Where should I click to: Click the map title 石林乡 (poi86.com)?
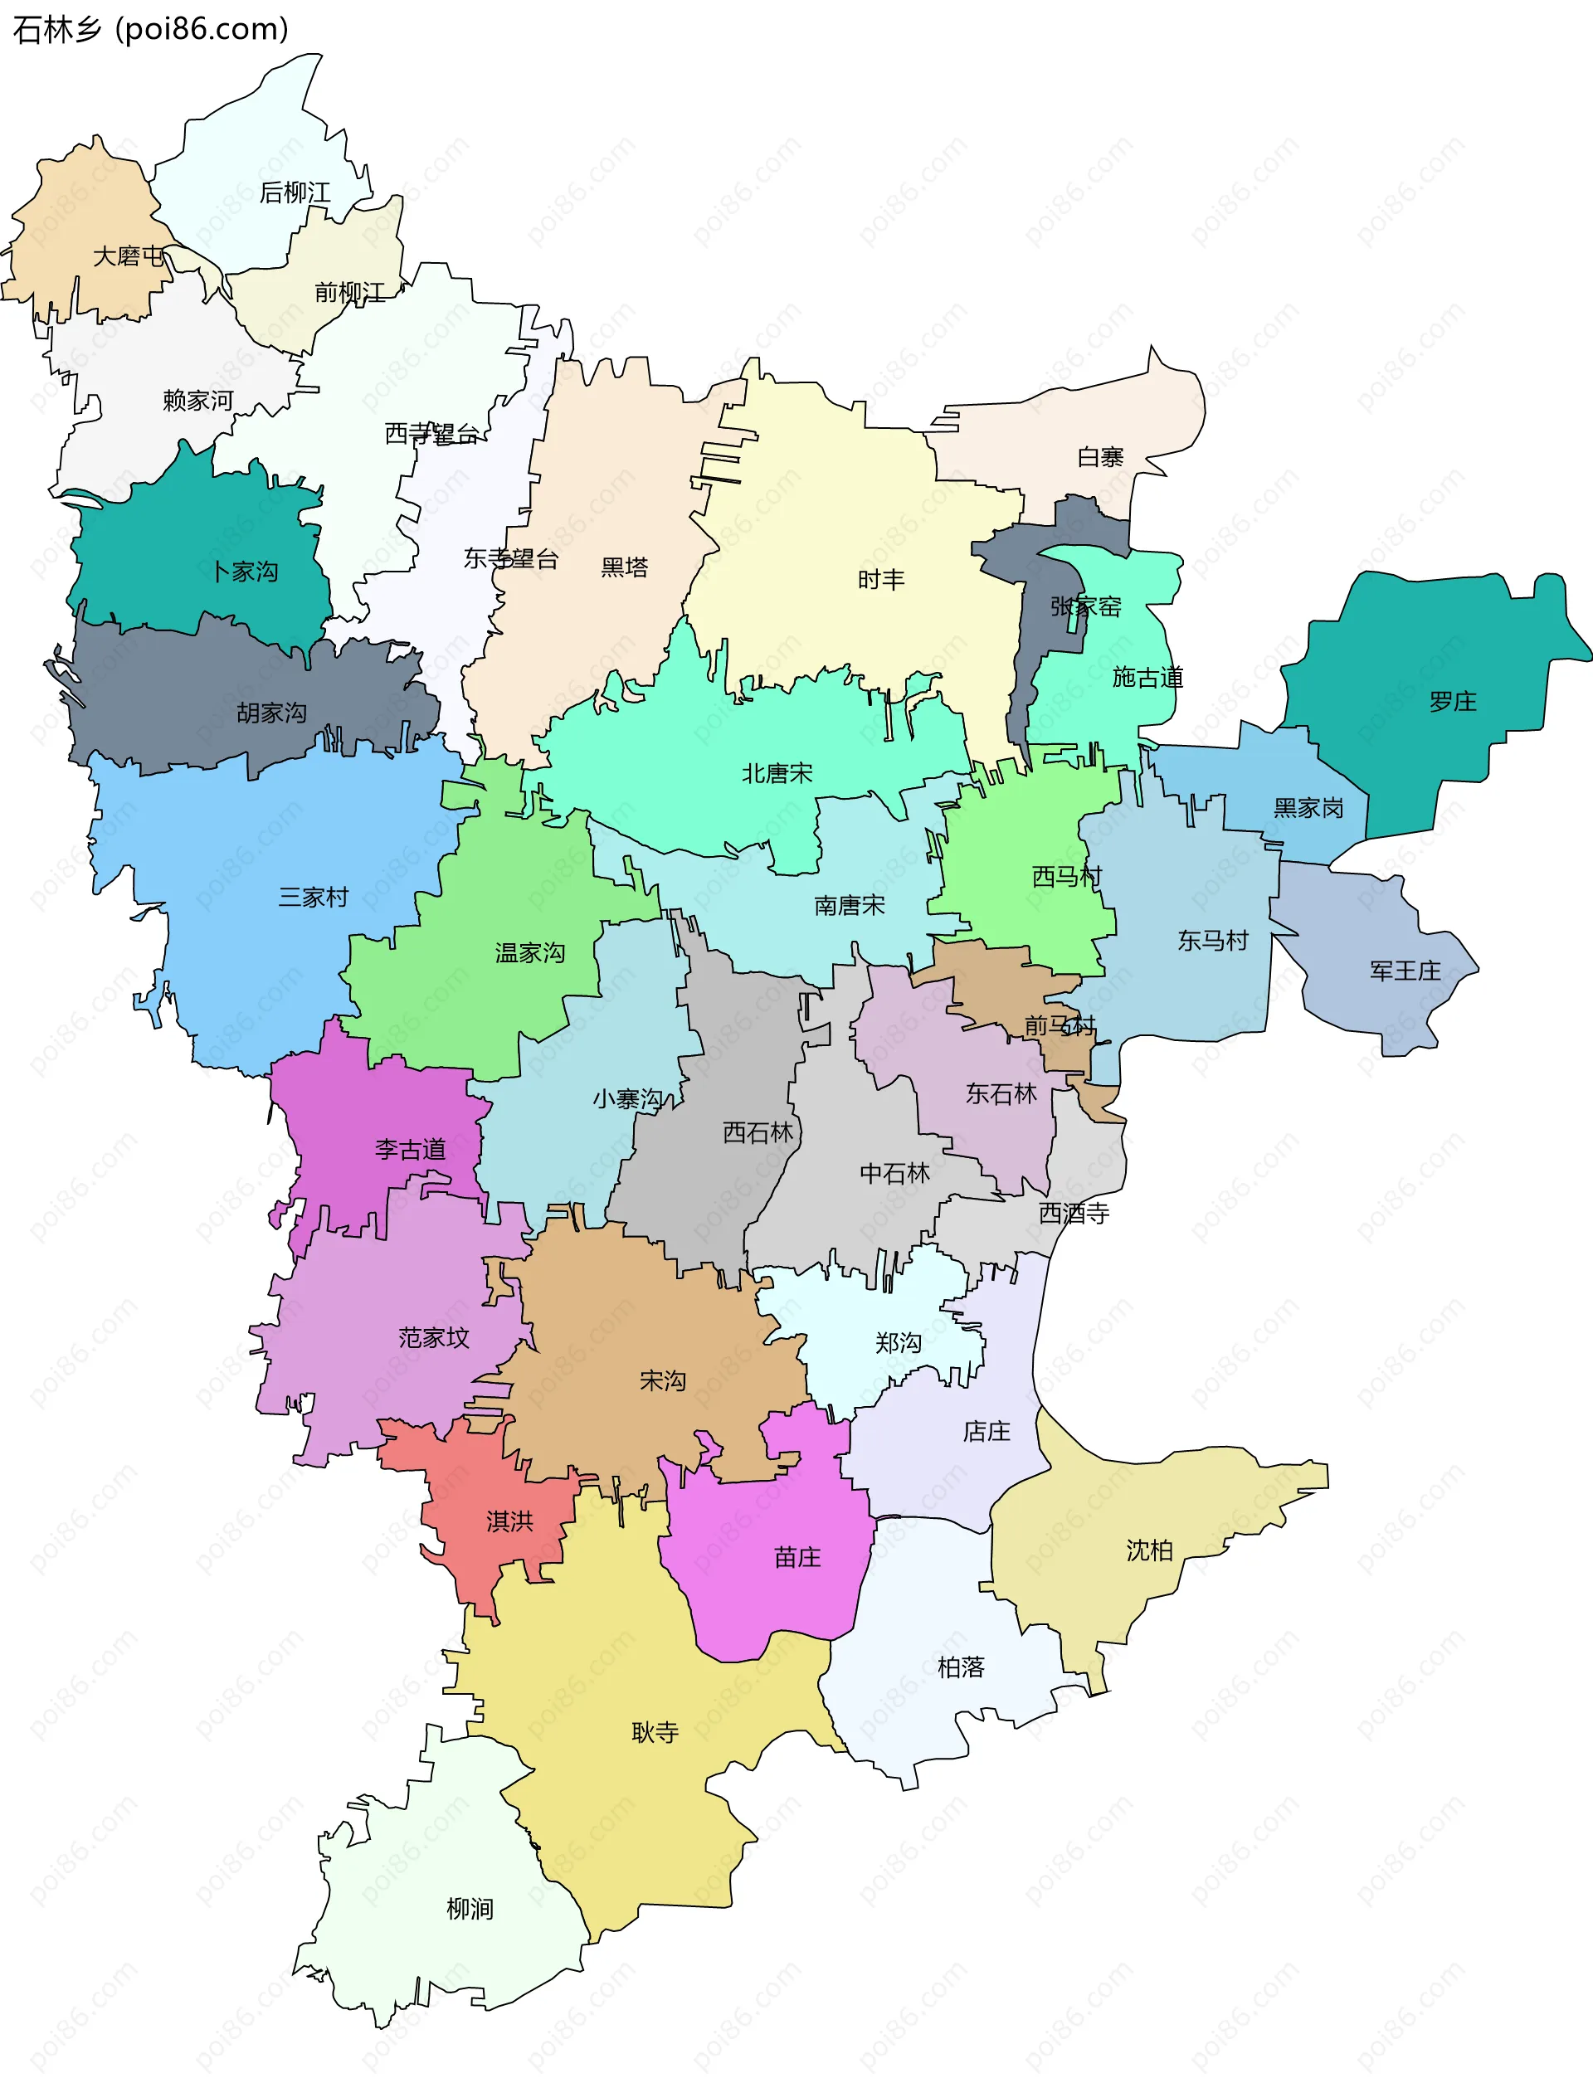150,29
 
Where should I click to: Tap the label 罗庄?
1452,702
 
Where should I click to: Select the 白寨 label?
1100,457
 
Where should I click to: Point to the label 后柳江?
295,192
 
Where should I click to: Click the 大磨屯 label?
128,256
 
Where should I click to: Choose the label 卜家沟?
245,571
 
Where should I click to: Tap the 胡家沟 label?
271,712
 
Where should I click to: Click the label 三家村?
313,896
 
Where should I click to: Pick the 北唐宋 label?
777,772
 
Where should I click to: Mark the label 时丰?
881,578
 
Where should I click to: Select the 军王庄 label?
1405,970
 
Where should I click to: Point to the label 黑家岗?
1308,808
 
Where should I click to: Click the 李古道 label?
410,1149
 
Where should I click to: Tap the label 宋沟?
662,1380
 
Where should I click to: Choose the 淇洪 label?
509,1521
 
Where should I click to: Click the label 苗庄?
796,1557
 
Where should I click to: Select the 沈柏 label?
1149,1550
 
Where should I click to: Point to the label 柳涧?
470,1909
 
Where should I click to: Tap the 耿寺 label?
655,1732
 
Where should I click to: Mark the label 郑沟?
897,1342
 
